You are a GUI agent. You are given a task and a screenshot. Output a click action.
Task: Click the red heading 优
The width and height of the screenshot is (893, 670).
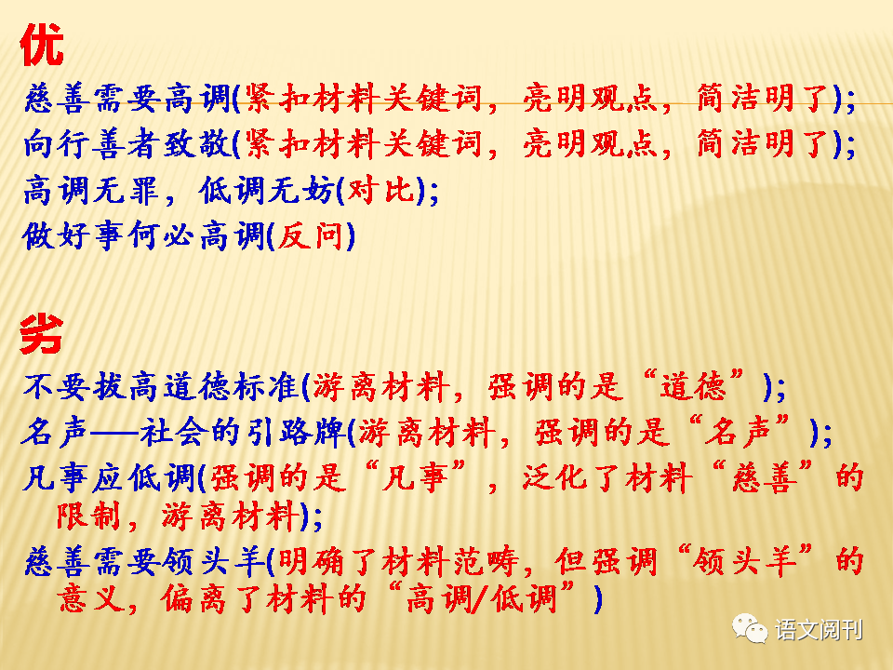(42, 45)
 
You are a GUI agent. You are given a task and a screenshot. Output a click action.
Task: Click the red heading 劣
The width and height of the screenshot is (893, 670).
(42, 334)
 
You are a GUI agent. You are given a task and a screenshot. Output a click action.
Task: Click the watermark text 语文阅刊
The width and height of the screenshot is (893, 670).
(819, 630)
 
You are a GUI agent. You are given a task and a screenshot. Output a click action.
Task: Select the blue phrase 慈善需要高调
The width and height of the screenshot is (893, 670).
(127, 98)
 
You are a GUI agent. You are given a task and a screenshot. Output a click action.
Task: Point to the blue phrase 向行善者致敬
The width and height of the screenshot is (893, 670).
(127, 143)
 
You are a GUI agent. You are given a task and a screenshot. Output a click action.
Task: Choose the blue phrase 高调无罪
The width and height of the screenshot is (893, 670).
(91, 190)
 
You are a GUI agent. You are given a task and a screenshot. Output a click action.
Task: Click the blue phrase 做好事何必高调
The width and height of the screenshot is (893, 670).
(143, 235)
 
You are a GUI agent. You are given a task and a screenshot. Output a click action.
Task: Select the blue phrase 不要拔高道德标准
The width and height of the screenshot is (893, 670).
(161, 387)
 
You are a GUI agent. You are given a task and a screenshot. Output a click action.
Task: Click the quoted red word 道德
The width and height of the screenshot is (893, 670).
(694, 387)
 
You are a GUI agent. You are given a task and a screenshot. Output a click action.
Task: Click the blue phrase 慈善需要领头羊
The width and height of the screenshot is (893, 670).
(144, 562)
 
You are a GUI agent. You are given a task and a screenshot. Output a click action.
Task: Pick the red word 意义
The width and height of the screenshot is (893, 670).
(90, 598)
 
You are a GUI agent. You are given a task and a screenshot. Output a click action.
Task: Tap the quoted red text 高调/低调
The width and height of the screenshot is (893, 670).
(481, 598)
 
